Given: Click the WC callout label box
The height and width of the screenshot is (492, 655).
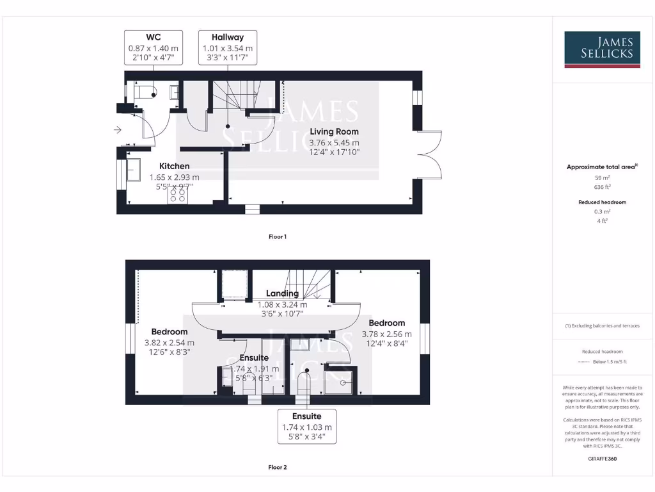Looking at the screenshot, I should click(154, 48).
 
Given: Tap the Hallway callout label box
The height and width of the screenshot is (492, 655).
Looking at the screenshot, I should click(228, 48).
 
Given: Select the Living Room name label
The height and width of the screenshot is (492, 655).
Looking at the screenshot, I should click(335, 132).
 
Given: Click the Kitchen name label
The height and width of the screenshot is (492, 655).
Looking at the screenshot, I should click(174, 167).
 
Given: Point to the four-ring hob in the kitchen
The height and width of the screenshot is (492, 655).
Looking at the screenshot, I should click(178, 195).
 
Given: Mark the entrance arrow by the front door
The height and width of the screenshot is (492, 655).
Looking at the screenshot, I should click(117, 130).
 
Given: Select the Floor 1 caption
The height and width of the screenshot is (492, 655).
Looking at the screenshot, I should click(277, 237).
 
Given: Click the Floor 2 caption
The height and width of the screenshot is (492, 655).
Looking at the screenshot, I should click(277, 468).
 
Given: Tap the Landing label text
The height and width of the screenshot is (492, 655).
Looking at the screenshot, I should click(281, 293).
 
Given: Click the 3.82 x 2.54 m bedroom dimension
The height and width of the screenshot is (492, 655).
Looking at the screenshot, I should click(170, 343).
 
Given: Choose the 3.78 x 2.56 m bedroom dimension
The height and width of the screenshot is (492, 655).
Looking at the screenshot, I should click(386, 334).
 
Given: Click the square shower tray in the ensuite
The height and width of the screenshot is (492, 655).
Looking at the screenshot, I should click(339, 381).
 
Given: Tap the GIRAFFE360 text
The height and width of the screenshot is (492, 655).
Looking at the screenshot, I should click(603, 459).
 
